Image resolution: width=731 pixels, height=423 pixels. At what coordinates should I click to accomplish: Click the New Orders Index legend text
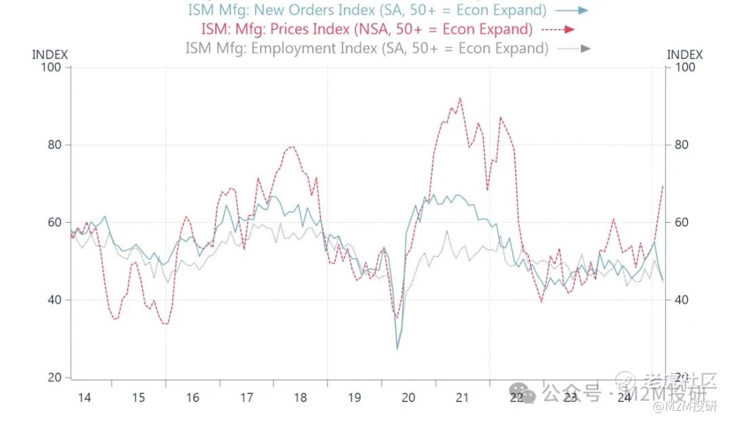pos(367,10)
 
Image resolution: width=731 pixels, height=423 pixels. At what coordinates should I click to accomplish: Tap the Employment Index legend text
pos(366,48)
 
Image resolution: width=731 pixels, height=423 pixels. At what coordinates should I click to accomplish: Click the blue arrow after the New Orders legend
pos(573,10)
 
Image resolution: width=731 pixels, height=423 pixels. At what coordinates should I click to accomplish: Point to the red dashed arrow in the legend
pos(558,29)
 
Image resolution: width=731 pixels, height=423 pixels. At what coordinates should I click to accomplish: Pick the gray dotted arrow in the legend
pos(574,48)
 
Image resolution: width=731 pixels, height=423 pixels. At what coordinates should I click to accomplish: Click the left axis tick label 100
pos(52,68)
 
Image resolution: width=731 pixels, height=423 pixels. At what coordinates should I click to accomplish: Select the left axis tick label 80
pos(55,145)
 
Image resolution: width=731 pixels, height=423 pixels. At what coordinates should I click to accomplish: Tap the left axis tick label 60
pos(55,223)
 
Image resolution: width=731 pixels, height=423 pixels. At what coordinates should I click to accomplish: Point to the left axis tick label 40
pos(55,300)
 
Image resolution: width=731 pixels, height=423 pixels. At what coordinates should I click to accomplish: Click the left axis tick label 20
pos(55,378)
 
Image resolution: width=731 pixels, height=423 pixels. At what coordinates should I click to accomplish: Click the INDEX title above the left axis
pos(50,55)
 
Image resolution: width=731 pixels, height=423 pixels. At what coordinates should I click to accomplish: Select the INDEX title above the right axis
pos(685,55)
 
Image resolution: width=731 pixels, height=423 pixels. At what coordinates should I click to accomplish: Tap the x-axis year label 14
pos(84,397)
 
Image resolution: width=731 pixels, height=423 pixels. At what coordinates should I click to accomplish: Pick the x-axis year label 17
pos(246,397)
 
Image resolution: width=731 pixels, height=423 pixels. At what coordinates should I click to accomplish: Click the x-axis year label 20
pos(408,397)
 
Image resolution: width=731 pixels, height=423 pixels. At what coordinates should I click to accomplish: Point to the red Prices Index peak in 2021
pos(460,98)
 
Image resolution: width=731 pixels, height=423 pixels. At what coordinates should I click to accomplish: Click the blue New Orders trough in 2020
pos(397,349)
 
